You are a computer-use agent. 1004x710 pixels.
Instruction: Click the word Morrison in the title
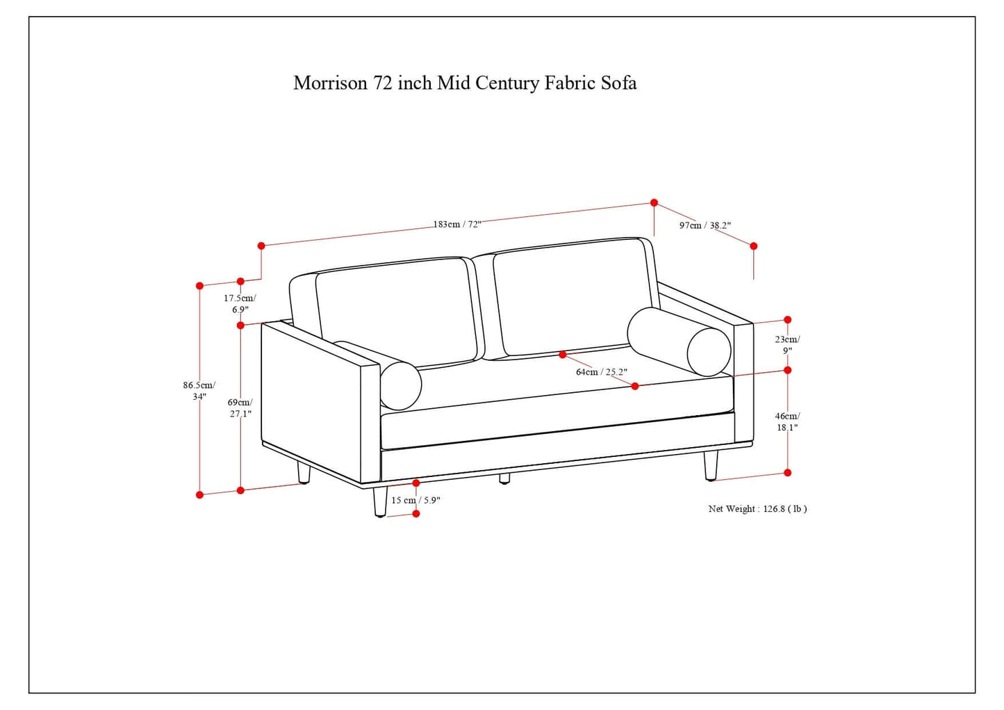[330, 83]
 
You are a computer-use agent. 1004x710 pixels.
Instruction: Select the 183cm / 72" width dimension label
[456, 225]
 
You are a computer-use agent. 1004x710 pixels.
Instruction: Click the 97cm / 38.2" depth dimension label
[705, 225]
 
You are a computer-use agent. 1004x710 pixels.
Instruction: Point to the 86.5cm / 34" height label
[199, 390]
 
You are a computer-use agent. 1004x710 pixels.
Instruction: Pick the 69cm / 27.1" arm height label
[240, 408]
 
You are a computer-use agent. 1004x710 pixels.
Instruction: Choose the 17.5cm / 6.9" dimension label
[240, 304]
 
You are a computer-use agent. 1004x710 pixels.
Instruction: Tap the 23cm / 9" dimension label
[787, 345]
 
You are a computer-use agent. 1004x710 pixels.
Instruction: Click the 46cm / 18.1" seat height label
[787, 421]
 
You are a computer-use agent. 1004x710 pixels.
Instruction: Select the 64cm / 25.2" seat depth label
[601, 372]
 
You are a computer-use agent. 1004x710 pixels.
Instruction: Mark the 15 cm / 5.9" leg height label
[415, 500]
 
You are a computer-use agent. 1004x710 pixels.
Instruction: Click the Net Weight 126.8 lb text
[757, 509]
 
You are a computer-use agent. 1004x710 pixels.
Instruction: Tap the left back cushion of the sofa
[396, 313]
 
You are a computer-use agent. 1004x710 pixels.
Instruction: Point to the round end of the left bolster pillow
[401, 385]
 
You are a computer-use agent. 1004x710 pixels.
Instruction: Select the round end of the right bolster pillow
[709, 351]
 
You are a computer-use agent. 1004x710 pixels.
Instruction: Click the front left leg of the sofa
[380, 501]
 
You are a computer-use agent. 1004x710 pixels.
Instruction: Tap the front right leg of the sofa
[711, 465]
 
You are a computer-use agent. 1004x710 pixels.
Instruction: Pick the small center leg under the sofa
[504, 478]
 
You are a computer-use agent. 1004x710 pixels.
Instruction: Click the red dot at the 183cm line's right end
[654, 202]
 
